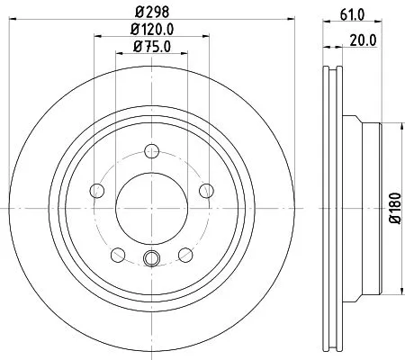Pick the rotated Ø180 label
tap(393, 209)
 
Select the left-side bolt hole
tap(98, 189)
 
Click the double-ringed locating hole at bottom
tap(152, 262)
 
